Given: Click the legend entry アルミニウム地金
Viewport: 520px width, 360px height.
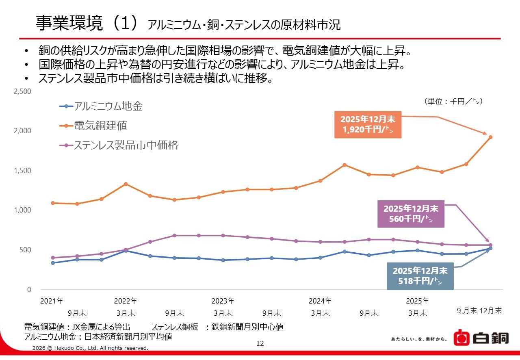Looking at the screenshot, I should (x=108, y=107).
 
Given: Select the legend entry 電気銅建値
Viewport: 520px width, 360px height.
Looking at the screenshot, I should (x=100, y=126).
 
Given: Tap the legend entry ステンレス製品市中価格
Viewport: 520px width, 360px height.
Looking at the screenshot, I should (x=126, y=145).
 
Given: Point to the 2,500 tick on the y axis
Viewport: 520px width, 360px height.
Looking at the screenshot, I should (x=23, y=92).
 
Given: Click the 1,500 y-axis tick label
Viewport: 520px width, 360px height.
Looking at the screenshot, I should (x=23, y=171).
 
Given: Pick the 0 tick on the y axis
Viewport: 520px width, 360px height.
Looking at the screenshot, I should (x=29, y=290).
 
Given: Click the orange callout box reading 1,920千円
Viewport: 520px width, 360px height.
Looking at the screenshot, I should (x=368, y=125).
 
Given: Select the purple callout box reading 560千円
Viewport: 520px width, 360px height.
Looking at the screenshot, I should (x=411, y=214).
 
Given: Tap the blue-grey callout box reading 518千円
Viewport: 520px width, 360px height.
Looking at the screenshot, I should (x=420, y=276).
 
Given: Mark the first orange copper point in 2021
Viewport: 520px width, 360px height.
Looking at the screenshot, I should (x=53, y=203).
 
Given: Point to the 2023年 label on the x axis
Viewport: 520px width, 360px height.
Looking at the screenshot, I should (x=223, y=301).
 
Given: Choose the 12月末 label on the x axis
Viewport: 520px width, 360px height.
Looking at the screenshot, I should (x=491, y=311).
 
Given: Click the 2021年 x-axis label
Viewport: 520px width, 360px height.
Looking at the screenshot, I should (x=52, y=301).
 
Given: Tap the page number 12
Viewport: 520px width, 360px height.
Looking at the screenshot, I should (x=260, y=344).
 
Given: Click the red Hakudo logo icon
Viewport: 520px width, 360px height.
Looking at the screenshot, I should (x=461, y=338).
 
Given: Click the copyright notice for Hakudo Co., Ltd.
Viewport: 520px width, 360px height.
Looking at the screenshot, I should (x=90, y=348).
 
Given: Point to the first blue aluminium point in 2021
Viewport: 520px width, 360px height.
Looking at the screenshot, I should (x=53, y=263).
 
